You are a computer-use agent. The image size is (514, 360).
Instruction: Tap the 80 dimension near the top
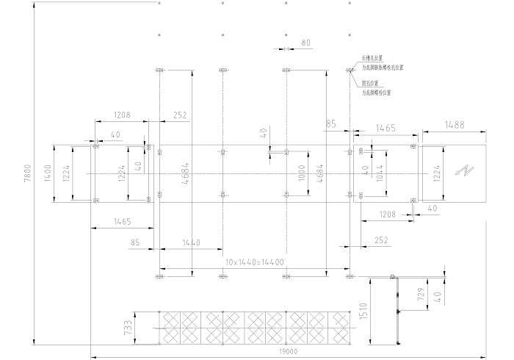point(306,43)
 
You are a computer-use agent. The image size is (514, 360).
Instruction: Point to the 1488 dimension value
point(454,125)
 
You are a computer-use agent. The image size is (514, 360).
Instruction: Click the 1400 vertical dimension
point(49,173)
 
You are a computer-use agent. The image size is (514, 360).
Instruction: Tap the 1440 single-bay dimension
point(191,242)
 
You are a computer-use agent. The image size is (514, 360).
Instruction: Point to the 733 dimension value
point(129,326)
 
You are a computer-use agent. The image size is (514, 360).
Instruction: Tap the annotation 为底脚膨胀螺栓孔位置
point(383,67)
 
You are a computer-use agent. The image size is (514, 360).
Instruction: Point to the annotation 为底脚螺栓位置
point(377,93)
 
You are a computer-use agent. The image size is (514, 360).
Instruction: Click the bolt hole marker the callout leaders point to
point(350,71)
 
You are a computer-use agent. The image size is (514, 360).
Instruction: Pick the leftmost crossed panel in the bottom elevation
point(170,326)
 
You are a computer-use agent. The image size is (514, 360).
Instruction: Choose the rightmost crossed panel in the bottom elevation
point(340,326)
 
